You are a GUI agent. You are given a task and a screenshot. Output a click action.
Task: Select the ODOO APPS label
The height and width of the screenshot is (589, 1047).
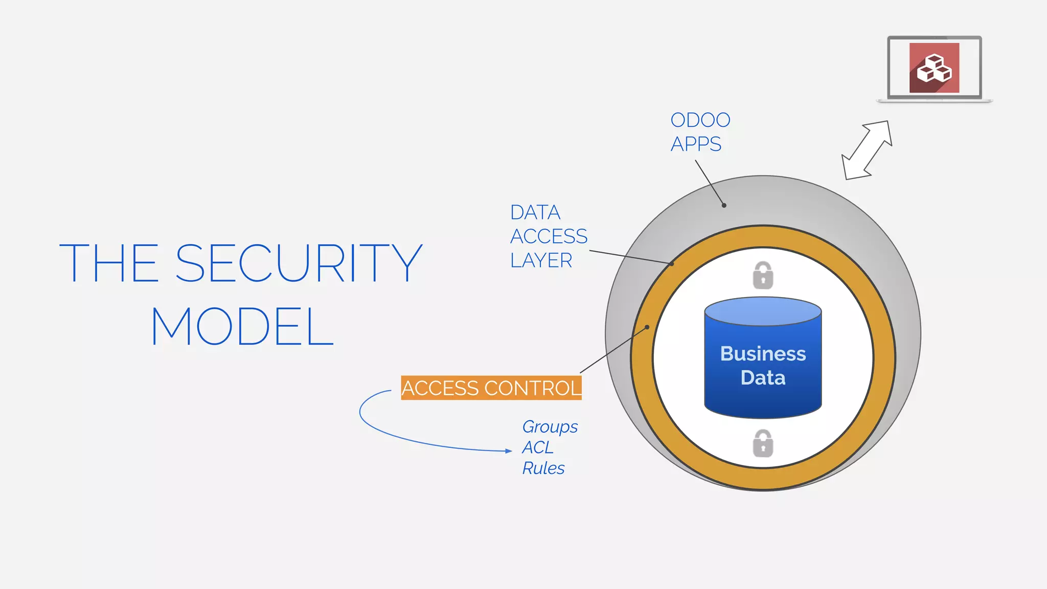[x=699, y=132]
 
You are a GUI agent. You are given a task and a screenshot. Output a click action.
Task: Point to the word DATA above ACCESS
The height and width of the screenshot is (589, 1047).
[x=535, y=212]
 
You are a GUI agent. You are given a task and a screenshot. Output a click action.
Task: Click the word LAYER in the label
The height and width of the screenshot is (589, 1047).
[x=541, y=260]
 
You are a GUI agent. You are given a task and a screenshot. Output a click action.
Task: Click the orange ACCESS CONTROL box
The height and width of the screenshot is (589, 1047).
[x=491, y=388]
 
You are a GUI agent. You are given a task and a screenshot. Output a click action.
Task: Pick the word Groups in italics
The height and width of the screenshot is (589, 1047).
[x=550, y=426]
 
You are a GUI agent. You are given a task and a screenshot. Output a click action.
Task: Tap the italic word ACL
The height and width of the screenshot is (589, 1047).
[x=537, y=447]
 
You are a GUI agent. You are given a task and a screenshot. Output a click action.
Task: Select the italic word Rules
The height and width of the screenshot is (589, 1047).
[x=543, y=468]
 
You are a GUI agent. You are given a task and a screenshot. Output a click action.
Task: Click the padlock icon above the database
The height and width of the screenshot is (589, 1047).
[x=763, y=276]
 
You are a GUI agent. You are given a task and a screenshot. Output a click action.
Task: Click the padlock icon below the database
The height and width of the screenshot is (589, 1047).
[x=763, y=443]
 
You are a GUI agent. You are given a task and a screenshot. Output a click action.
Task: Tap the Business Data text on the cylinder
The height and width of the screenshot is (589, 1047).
[x=763, y=366]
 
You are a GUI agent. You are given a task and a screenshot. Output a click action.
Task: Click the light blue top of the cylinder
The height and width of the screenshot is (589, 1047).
[x=763, y=311]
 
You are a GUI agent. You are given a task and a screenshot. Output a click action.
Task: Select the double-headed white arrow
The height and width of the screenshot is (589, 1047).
[x=867, y=150]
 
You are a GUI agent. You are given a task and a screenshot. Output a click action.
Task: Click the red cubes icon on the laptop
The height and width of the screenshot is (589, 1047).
[x=934, y=68]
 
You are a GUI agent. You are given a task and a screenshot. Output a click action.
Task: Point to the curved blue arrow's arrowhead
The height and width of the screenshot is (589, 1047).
[x=509, y=451]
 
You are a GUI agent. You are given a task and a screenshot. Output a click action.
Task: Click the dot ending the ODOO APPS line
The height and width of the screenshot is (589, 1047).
[x=724, y=206]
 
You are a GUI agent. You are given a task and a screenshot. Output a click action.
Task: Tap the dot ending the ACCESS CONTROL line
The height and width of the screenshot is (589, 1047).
[x=647, y=327]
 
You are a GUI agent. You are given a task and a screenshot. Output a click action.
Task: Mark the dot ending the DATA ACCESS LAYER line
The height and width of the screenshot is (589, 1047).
[x=672, y=264]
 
